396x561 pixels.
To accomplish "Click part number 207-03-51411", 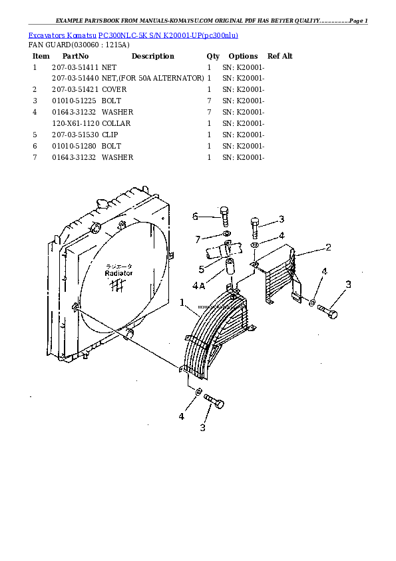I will [x=75, y=68].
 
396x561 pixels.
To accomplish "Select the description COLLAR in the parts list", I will [x=116, y=123].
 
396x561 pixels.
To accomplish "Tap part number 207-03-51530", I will [x=75, y=135].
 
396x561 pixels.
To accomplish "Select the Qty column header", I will [x=213, y=57].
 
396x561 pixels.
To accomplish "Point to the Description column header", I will [x=152, y=57].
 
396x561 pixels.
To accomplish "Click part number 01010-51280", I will [x=75, y=146].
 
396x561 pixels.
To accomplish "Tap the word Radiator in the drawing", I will [x=118, y=273].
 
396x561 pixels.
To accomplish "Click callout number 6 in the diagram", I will [x=196, y=216].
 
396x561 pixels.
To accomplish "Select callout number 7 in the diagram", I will [x=198, y=239].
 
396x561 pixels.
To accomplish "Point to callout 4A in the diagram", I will [x=198, y=286].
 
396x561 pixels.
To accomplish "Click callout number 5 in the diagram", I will [x=200, y=269].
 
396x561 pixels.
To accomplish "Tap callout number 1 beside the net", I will [x=182, y=302].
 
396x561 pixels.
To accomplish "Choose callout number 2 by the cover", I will [x=328, y=248].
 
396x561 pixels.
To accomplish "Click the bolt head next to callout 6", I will [x=224, y=213].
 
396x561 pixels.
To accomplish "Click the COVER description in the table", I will [x=114, y=89].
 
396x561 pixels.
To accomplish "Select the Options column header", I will [x=243, y=57].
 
